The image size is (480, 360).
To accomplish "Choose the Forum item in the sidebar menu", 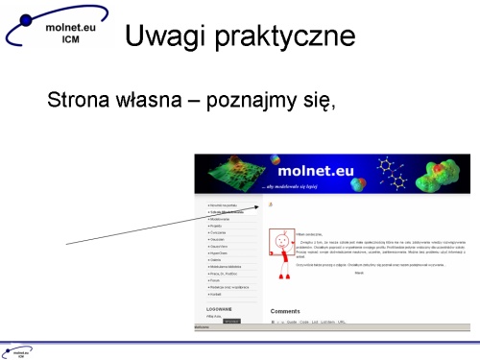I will [215, 280].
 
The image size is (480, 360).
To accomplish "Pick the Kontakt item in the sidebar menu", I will [216, 294].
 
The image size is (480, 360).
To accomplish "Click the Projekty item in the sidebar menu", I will [216, 225].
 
